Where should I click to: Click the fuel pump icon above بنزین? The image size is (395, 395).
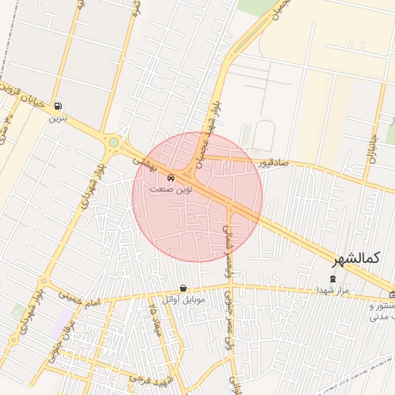59,106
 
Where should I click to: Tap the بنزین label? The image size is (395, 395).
59,119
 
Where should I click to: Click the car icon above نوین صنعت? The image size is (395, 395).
170,177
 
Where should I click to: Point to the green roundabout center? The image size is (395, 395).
114,142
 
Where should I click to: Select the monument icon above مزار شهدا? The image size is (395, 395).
333,279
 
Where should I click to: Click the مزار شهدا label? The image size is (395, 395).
333,290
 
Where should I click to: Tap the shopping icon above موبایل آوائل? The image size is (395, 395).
182,288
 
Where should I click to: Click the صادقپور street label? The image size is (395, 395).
275,164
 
